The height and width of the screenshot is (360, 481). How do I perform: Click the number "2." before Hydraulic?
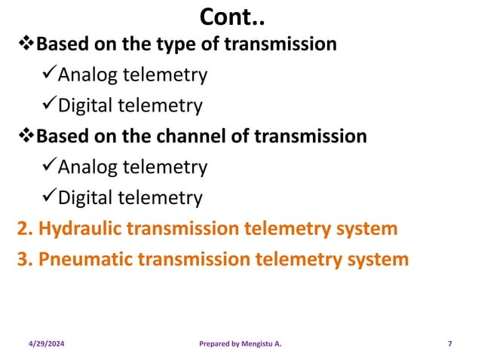(x=25, y=228)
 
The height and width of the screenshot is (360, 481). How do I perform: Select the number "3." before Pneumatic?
(x=25, y=259)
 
